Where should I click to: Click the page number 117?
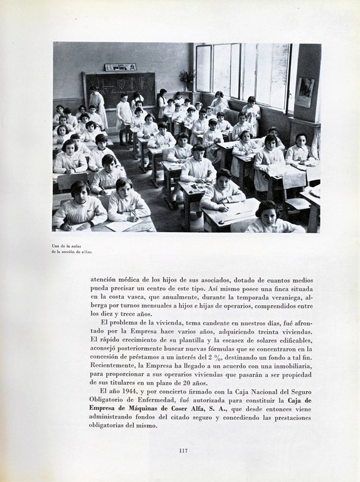click(183, 451)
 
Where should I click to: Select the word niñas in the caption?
click(86, 251)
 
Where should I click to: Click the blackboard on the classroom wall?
click(120, 88)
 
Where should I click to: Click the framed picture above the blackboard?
click(120, 67)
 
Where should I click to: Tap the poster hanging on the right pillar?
click(305, 92)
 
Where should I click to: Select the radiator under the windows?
click(232, 116)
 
